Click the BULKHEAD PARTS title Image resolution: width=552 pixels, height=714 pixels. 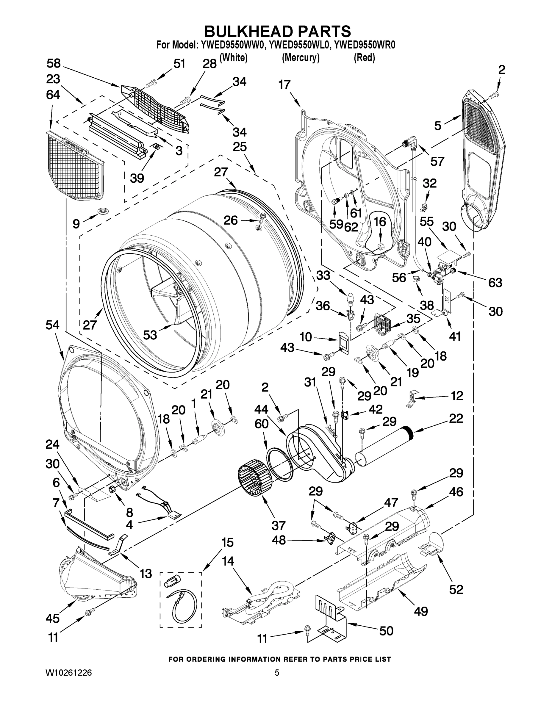(277, 32)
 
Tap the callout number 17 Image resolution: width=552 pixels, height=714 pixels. (284, 85)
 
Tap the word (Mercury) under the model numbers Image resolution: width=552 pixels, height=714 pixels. (301, 58)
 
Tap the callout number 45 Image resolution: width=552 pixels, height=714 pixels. (52, 618)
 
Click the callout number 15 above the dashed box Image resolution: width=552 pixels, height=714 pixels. (227, 542)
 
